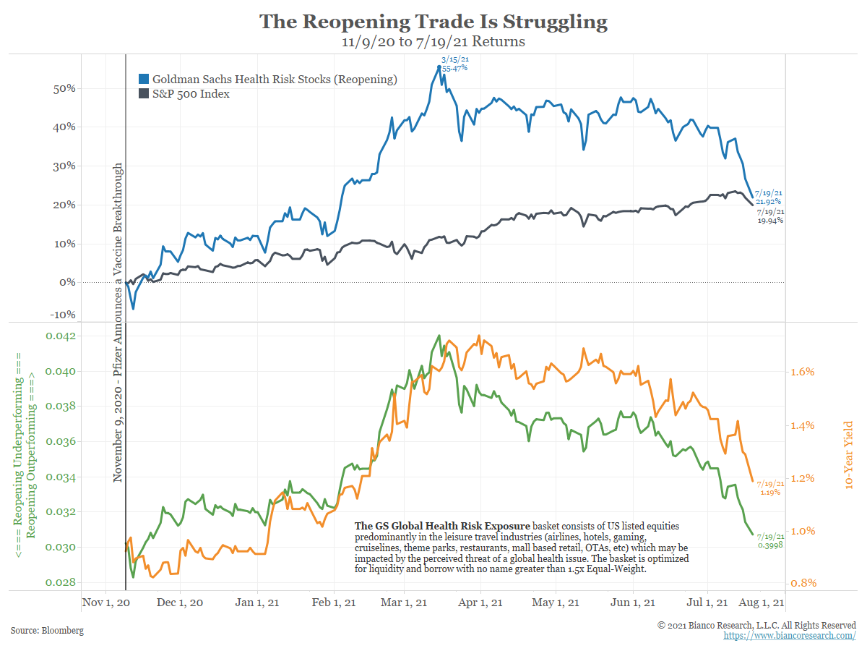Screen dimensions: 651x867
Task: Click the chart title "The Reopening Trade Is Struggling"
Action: point(433,21)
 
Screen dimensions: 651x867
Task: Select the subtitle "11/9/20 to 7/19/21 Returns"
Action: point(433,42)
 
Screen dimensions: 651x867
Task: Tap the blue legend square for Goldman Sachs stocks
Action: point(144,80)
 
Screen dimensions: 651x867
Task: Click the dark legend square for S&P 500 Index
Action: point(144,94)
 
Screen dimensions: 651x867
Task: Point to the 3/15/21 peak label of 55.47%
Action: point(454,63)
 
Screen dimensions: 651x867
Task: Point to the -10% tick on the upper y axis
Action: point(64,315)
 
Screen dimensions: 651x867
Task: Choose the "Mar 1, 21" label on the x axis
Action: point(405,603)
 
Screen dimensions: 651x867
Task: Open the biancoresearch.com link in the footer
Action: point(790,635)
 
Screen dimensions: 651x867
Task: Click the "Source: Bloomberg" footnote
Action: point(47,631)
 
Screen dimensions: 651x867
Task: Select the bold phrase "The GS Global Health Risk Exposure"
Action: point(442,525)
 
